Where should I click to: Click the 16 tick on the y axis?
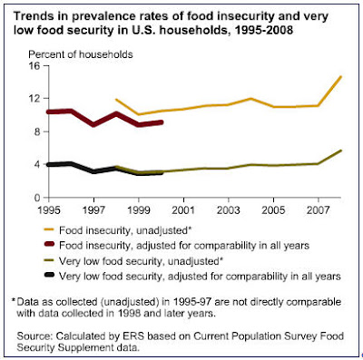[34, 66]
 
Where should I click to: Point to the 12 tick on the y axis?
[34, 99]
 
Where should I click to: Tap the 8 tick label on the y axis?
[37, 131]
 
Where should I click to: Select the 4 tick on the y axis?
[37, 164]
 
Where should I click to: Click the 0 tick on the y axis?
[37, 197]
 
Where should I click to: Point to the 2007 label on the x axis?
[316, 209]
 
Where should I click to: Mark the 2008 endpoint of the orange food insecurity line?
[340, 77]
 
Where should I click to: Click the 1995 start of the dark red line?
[46, 112]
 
